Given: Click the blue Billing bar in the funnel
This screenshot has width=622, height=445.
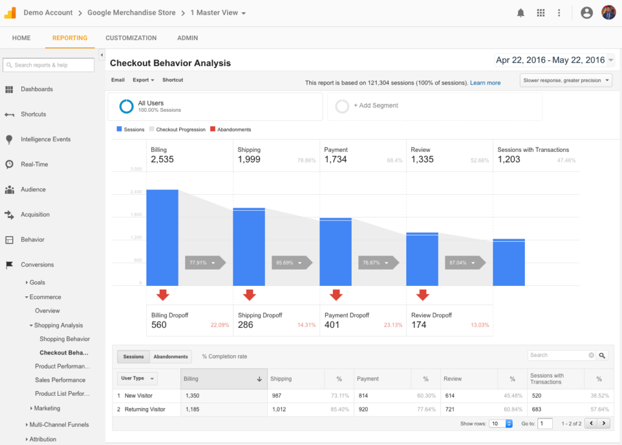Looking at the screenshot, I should tap(162, 237).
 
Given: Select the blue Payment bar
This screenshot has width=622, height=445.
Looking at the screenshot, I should tap(335, 251).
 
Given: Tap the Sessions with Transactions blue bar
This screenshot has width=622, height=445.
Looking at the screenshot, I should tap(508, 262).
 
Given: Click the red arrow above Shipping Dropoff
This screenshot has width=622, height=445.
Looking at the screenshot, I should tap(249, 295).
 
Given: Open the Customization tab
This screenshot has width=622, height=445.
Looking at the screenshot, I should tap(131, 38).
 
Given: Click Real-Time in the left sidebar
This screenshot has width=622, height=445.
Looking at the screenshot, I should tap(34, 165).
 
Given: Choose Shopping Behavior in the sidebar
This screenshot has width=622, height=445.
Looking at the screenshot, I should tap(64, 339).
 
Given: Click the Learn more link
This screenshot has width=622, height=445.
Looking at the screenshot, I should tap(485, 83).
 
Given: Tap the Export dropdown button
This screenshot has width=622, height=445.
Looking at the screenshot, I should tap(143, 80).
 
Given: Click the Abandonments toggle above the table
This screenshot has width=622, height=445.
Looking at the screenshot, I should tap(171, 357).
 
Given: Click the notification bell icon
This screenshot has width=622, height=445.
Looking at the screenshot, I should tap(521, 13).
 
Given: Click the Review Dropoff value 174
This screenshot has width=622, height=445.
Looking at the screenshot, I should tap(419, 325).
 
